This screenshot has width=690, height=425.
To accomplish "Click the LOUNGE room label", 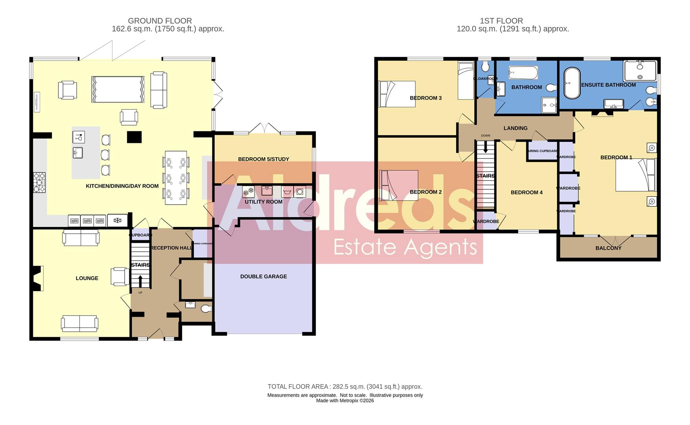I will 87,278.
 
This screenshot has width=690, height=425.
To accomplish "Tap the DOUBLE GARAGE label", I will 263,277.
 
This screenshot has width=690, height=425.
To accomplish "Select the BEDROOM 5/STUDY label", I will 263,159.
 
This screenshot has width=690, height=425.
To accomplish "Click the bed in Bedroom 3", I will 397,94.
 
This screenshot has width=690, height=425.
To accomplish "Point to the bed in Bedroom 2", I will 398,185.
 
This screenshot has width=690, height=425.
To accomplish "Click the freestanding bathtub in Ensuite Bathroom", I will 572,83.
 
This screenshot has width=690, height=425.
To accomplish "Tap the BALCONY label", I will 608,248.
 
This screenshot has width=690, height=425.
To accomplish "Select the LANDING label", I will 515,128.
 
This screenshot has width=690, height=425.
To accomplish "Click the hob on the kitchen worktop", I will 39,183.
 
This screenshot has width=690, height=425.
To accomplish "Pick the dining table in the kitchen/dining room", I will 176,178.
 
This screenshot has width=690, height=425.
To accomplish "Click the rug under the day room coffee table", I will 118,89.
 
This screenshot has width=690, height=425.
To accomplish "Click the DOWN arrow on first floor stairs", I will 485,147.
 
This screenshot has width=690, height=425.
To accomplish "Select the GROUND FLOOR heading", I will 160,21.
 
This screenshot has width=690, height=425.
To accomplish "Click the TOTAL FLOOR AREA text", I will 345,387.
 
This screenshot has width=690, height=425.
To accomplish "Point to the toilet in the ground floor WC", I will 206,309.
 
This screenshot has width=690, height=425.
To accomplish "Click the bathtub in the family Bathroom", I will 523,73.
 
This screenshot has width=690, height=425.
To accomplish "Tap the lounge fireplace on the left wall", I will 37,278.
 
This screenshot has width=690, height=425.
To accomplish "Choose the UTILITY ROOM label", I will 263,202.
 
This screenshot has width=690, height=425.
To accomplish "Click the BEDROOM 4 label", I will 526,192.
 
